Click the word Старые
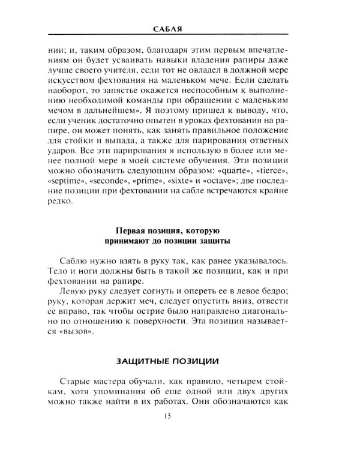[x=77, y=382]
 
